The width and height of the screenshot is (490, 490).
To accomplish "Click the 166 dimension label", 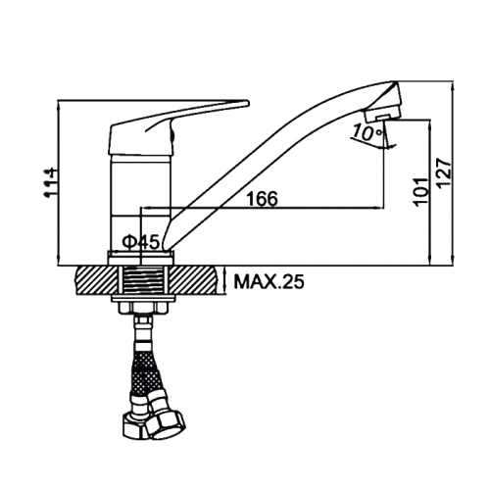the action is click(262, 198).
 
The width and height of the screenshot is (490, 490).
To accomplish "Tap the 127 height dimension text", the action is click(445, 173).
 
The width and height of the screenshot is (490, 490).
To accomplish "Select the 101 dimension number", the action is click(420, 192).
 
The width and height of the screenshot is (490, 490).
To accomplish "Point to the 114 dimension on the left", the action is click(51, 183).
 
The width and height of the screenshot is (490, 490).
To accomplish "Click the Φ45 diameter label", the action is click(141, 242).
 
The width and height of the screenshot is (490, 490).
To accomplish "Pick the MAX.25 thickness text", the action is click(269, 281).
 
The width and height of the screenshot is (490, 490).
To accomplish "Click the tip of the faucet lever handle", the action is click(248, 104).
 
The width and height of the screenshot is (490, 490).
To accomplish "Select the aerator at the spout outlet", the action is click(382, 113).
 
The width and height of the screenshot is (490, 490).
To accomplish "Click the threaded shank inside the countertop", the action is click(143, 280).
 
